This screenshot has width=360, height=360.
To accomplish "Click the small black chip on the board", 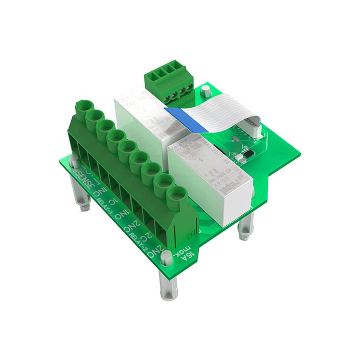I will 249,154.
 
